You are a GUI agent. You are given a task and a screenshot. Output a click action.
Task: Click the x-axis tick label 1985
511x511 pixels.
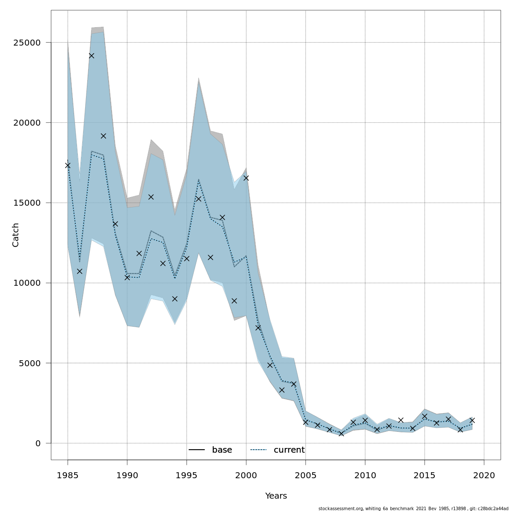(x=67, y=475)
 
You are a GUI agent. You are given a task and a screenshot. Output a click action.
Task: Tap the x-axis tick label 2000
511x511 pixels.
(x=246, y=475)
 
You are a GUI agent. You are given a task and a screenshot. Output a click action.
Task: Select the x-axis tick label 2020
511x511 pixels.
(x=484, y=475)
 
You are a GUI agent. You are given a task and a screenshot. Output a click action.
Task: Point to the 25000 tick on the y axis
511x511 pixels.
(x=26, y=43)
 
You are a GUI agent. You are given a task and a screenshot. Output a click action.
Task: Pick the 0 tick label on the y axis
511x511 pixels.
(x=38, y=443)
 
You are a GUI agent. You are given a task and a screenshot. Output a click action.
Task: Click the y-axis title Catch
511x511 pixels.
(x=16, y=235)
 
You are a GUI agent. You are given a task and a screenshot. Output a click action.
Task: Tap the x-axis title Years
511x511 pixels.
(x=276, y=496)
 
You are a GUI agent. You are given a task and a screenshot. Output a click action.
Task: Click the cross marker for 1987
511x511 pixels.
(x=92, y=56)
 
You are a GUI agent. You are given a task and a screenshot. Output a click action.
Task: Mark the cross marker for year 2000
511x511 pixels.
(x=246, y=178)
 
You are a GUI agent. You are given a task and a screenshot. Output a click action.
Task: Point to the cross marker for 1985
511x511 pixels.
(x=68, y=165)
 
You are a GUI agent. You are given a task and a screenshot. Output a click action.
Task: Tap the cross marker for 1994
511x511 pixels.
(x=175, y=299)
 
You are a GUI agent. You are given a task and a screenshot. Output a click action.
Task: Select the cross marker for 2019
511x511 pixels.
(x=472, y=420)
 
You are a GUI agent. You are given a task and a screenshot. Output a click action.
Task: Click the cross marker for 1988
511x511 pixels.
(x=103, y=136)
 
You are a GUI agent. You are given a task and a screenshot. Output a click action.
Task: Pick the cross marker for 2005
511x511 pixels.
(x=306, y=422)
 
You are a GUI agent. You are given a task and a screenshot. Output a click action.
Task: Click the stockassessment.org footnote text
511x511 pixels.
(x=413, y=508)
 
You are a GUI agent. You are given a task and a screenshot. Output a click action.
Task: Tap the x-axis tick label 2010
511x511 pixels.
(x=365, y=475)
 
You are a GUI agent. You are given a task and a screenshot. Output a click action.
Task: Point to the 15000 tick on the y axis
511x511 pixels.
(x=26, y=203)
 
